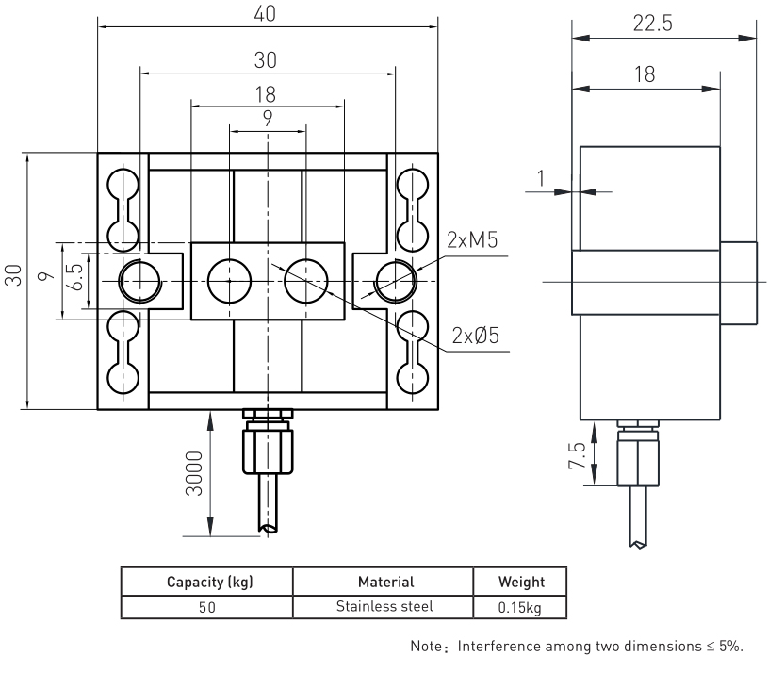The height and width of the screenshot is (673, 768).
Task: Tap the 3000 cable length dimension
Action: tap(195, 478)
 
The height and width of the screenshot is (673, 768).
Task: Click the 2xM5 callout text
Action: tap(473, 240)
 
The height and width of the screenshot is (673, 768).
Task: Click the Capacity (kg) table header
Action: tap(206, 582)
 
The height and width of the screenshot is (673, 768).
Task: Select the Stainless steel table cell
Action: tap(384, 606)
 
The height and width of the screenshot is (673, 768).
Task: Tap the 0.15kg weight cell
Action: tap(520, 607)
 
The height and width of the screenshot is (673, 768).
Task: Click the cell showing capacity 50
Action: tap(206, 607)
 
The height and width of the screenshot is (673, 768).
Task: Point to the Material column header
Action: tap(384, 582)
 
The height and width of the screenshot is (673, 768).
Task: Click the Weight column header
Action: tap(520, 582)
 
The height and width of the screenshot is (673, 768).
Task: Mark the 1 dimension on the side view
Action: tap(540, 176)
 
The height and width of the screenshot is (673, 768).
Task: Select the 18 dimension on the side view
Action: tap(645, 75)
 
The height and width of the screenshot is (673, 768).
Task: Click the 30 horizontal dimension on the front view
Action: tap(268, 58)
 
